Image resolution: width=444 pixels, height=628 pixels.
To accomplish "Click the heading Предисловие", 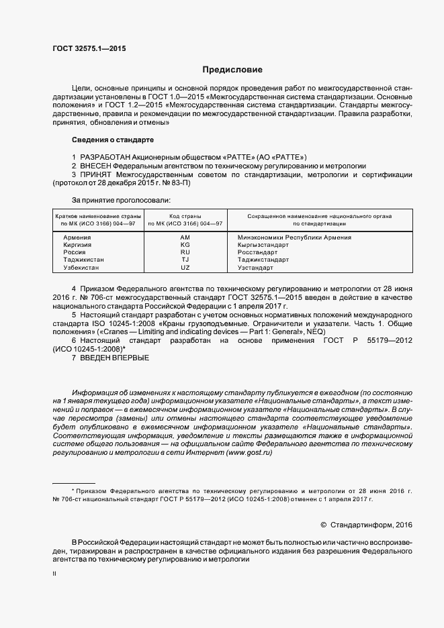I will coord(232,70).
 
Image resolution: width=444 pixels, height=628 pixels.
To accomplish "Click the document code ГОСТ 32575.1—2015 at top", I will coord(89,49).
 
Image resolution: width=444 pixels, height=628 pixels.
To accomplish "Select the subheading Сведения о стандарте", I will coord(112,140).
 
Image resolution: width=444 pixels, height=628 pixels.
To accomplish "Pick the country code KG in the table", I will coord(185,245).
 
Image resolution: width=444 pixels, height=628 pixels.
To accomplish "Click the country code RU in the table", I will coord(185,252).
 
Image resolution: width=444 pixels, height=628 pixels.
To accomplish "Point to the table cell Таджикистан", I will coord(84,260).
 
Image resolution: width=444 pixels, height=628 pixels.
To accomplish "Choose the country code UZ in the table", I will coord(185,267).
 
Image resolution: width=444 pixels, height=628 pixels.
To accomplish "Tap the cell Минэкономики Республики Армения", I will coord(294,238).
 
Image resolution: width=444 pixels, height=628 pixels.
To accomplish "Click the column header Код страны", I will coord(185,216).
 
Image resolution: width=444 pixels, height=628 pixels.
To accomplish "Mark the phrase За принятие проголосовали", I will coord(121,199).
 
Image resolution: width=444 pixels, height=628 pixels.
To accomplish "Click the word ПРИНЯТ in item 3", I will coord(96,174).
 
